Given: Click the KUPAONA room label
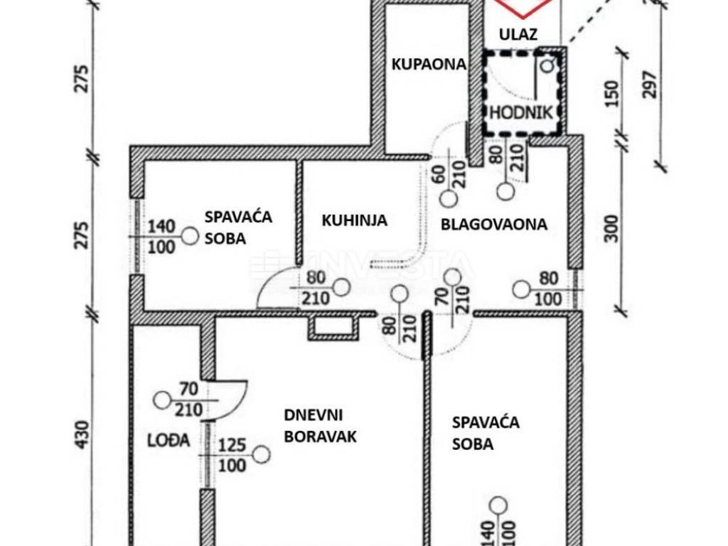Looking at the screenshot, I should coord(429,64).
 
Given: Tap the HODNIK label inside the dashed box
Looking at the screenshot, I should coord(520,112).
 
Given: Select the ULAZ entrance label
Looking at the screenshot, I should coord(518,33).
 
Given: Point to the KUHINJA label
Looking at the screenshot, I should coord(354,220).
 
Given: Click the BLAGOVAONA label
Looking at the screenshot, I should coord(494,225).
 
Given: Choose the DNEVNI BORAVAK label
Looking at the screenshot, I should coord(320,426).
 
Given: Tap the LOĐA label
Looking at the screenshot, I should coord(169,440).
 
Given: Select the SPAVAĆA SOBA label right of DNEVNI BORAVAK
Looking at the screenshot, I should coord(486,433).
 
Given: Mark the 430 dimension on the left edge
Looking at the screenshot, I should coord(83,434).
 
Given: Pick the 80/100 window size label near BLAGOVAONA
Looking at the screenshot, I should coord(547,289).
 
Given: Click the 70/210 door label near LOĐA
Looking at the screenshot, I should coord(189,399).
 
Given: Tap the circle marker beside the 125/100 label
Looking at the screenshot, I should coord(262,454).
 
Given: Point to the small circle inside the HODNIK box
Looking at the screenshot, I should coord(547,66).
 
